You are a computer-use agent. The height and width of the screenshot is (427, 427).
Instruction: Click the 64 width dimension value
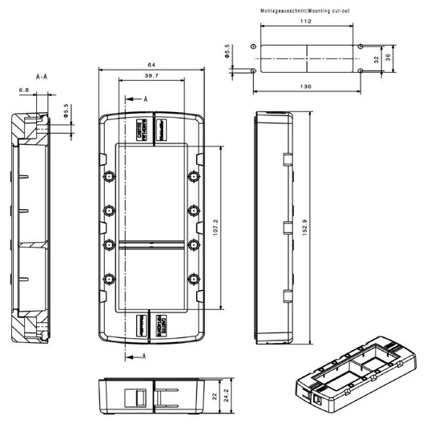152,64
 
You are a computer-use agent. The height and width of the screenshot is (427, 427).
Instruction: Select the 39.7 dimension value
151,75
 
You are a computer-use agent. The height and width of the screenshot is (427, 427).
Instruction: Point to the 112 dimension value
306,23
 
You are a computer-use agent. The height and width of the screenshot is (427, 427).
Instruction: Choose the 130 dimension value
306,86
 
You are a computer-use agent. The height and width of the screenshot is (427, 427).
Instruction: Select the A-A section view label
42,76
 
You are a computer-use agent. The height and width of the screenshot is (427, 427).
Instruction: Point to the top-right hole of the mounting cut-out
361,46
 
